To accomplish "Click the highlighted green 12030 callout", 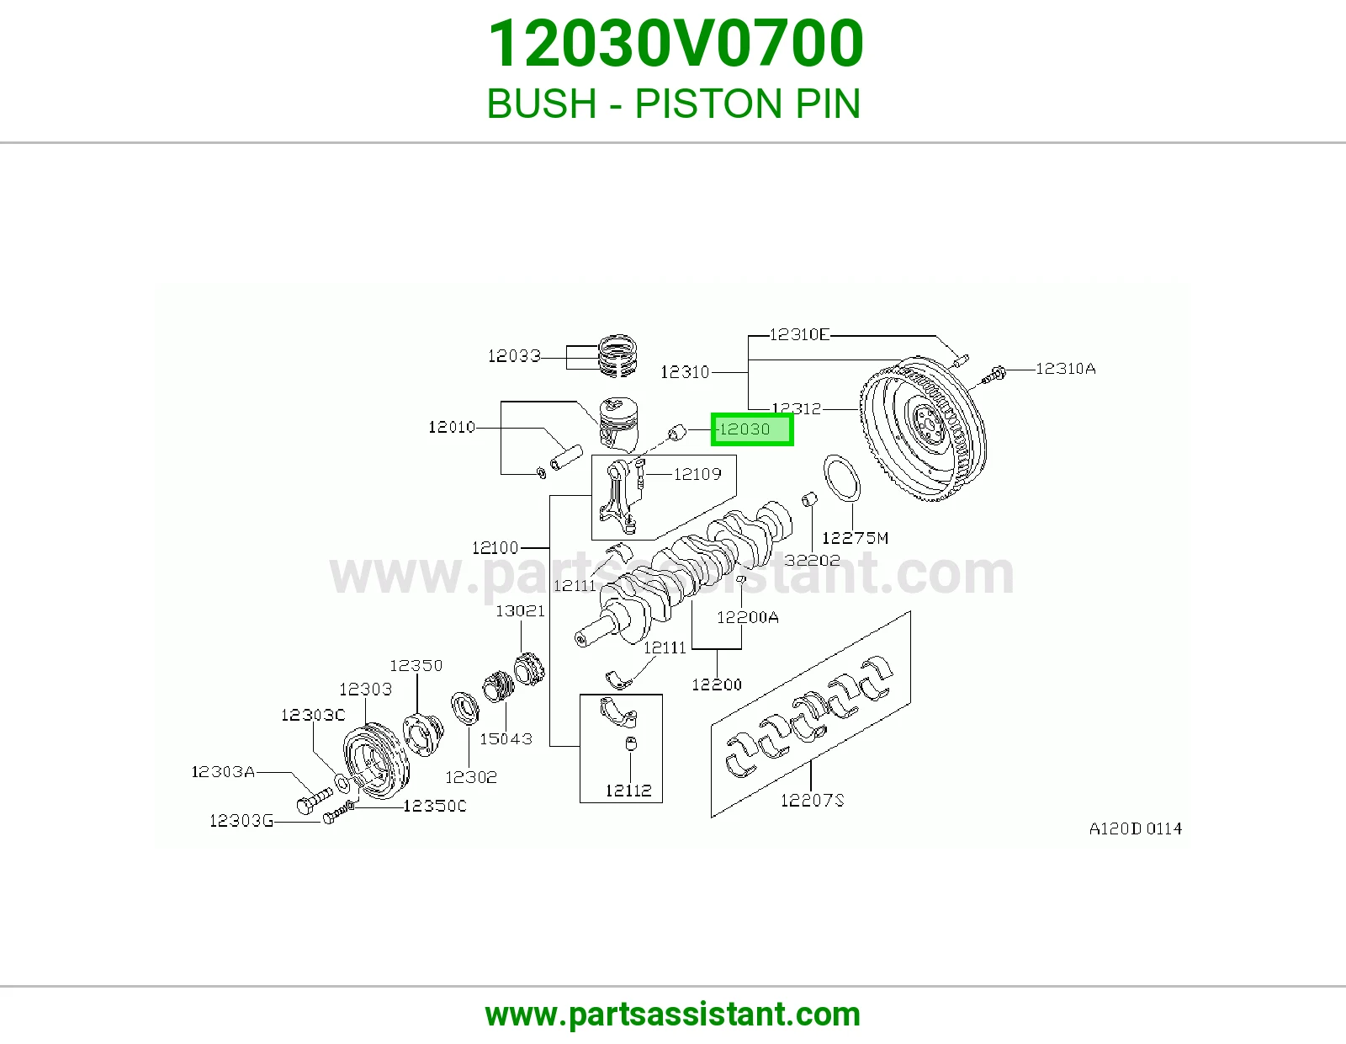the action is point(752,429).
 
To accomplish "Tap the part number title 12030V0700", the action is point(676,44).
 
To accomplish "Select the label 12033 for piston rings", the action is point(514,356).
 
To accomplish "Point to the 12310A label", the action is point(1065,369).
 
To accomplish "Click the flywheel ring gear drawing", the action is point(923,428).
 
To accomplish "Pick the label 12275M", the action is point(855,538).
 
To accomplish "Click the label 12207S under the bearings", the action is point(812,801).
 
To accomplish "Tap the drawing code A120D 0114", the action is point(1136,828).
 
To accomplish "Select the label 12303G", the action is point(241,821).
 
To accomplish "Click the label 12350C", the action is point(435,806).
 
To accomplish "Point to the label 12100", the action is point(495,547).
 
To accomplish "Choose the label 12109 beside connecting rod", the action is point(697,474).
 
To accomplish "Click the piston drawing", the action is point(619,424).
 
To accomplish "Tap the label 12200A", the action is point(748,617).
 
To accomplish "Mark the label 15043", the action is point(506,738).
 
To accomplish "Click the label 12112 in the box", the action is point(628,791).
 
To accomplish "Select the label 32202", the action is point(812,561).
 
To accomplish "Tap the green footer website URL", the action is point(673,1015).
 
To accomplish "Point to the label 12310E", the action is point(799,335).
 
